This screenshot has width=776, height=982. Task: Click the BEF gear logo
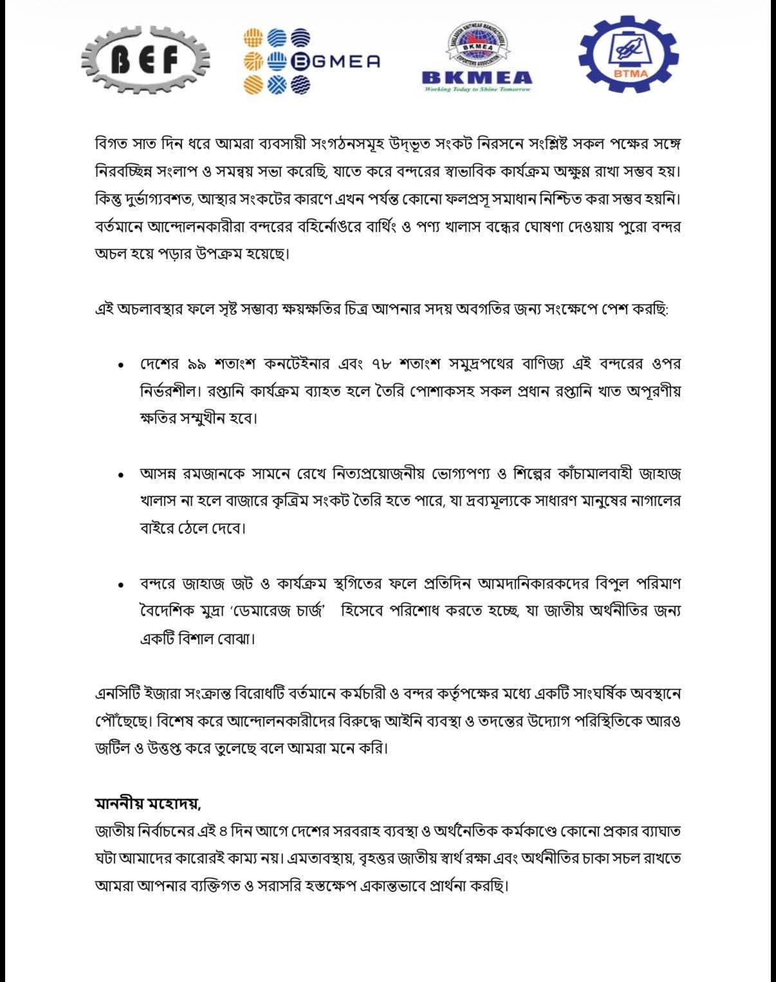(x=146, y=61)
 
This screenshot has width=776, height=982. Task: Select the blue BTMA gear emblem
(x=629, y=56)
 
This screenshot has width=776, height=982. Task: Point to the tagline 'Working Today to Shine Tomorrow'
(x=477, y=89)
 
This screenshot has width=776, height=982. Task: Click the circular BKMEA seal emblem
(x=477, y=46)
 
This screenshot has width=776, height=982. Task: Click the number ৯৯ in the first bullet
(x=196, y=365)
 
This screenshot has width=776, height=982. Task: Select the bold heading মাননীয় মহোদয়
(x=148, y=804)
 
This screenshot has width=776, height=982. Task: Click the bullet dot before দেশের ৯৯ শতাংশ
(x=120, y=365)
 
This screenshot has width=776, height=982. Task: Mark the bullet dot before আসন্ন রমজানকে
(x=120, y=475)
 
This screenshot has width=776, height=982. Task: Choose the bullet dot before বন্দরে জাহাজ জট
(x=120, y=585)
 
